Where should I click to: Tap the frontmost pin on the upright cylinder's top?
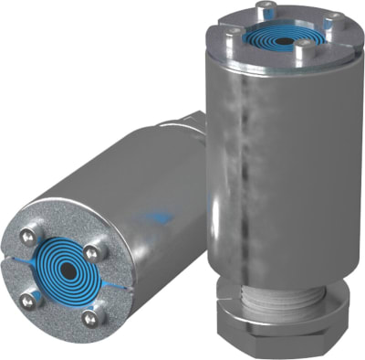pos(300,51)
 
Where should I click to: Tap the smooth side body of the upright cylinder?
pos(283,164)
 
